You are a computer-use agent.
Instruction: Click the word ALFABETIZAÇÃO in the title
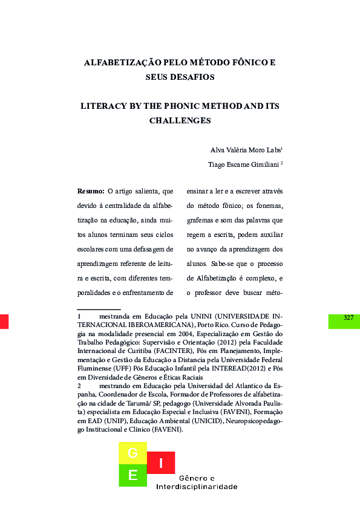(x=117, y=62)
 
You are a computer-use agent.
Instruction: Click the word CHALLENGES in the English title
(x=180, y=120)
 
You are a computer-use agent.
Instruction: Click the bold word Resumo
(x=91, y=191)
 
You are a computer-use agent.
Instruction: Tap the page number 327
(x=348, y=318)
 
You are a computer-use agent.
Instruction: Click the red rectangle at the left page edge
(x=4, y=321)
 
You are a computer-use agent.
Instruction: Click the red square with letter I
(x=160, y=463)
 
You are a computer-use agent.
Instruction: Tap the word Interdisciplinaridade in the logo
(x=197, y=487)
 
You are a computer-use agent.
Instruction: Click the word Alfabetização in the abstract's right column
(x=221, y=278)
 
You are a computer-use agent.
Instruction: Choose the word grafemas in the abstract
(x=203, y=220)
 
